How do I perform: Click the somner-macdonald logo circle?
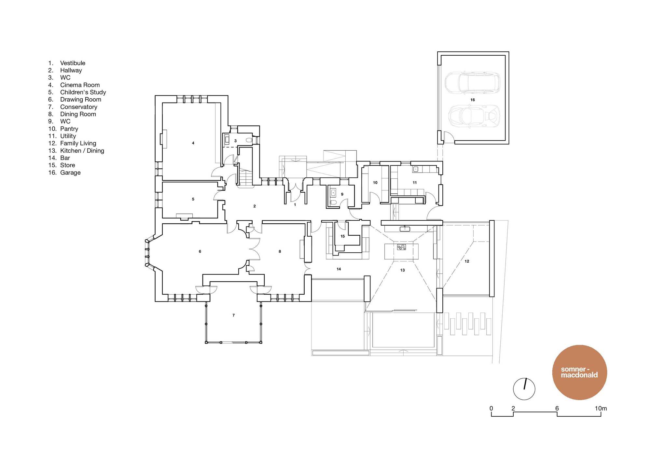580,372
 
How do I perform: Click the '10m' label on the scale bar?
601,408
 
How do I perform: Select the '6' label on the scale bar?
557,408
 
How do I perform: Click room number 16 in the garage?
473,100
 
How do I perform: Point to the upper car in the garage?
472,83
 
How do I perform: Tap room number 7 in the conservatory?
233,315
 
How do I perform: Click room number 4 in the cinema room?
193,143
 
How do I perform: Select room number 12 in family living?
467,261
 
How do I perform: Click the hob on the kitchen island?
401,247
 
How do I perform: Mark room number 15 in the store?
342,236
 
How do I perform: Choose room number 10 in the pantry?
375,183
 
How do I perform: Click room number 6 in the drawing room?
200,251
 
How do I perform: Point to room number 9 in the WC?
342,194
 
